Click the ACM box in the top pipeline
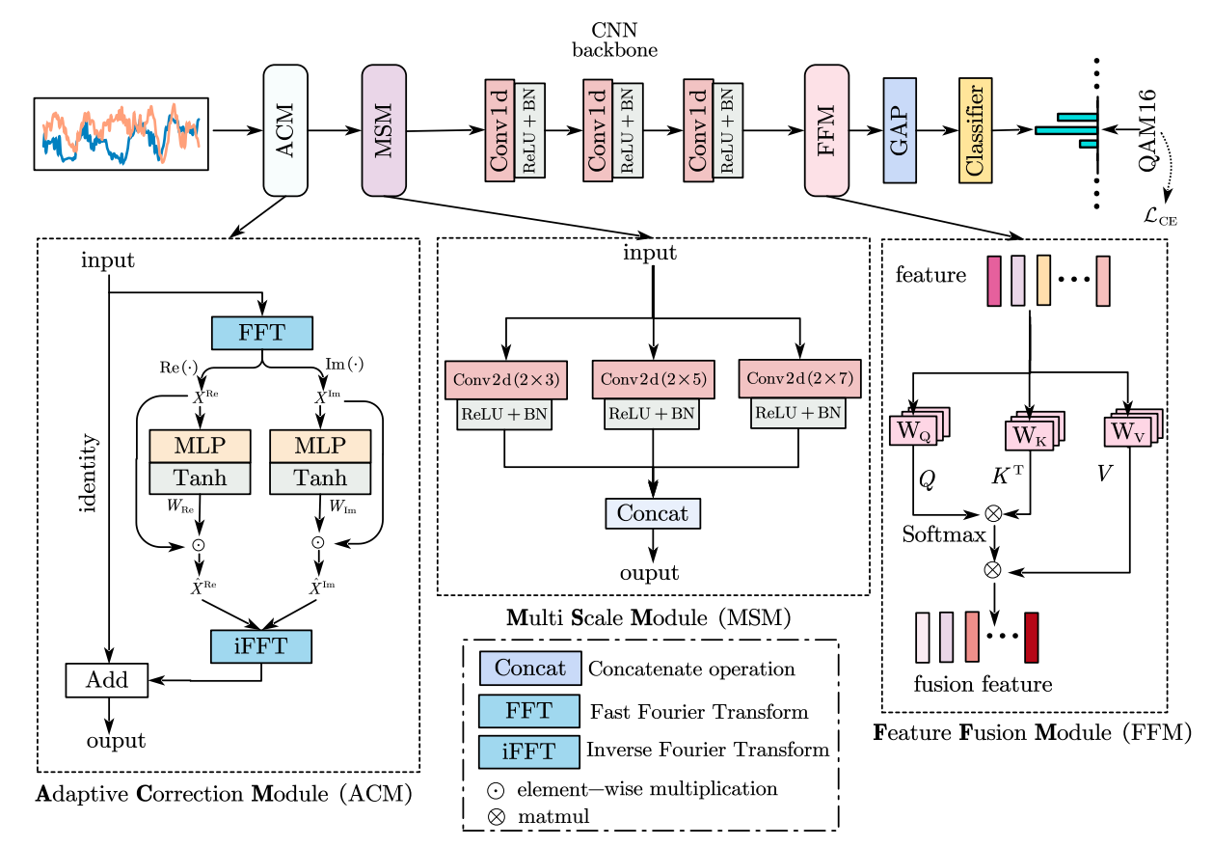(285, 130)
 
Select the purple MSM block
(384, 130)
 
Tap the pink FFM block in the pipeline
(826, 130)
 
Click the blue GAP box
(899, 131)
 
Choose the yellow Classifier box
(975, 130)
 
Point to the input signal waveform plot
(121, 134)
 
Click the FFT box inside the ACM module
(262, 333)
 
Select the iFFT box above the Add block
(261, 646)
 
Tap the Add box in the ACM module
(106, 679)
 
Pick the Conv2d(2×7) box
(799, 378)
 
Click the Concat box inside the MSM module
(653, 513)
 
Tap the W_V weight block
(1126, 430)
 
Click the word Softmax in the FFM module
(944, 534)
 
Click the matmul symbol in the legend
(495, 816)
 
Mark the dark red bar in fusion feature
(1031, 637)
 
